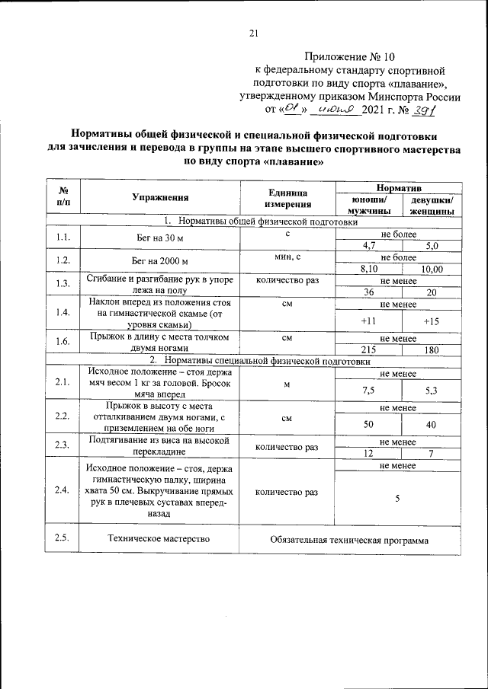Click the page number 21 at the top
[255, 33]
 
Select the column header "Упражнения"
[160, 198]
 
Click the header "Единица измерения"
[287, 198]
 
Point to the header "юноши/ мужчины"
[369, 205]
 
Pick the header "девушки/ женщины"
[432, 205]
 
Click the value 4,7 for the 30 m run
[369, 245]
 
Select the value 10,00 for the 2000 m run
[432, 269]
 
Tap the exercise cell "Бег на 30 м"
[160, 238]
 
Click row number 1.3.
[63, 285]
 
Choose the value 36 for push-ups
[369, 292]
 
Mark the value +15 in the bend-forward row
[432, 321]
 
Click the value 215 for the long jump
[369, 349]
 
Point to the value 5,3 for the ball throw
[432, 390]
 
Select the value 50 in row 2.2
[369, 424]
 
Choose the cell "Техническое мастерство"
[160, 541]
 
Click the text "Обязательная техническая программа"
[349, 541]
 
